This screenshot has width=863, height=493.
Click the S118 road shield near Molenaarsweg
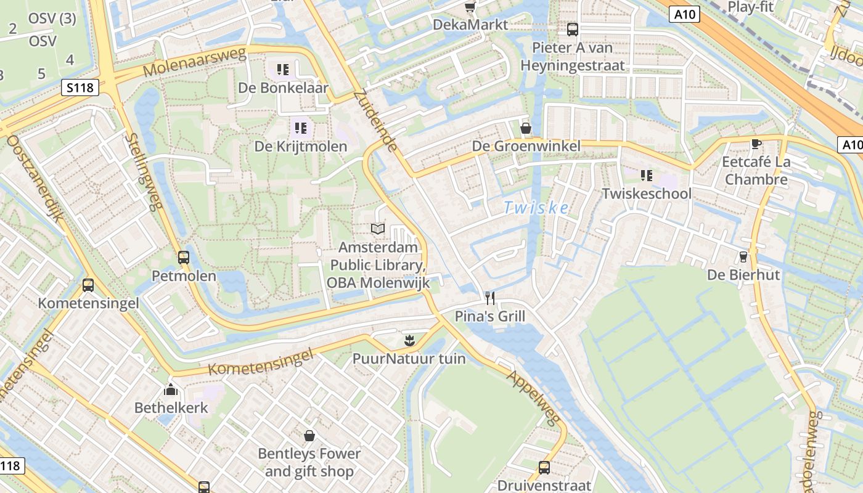pyautogui.click(x=80, y=88)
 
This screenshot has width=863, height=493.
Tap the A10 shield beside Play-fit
pyautogui.click(x=685, y=14)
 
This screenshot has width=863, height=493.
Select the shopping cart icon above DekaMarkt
pyautogui.click(x=470, y=7)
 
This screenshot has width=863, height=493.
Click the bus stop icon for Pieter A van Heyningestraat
pyautogui.click(x=573, y=29)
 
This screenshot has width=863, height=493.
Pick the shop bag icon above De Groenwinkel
pyautogui.click(x=526, y=128)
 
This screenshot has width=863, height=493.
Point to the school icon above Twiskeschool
pyautogui.click(x=646, y=176)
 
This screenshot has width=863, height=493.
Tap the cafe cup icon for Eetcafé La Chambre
pyautogui.click(x=756, y=144)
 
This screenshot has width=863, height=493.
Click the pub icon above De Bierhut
pyautogui.click(x=743, y=256)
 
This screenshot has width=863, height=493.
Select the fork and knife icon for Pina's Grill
pyautogui.click(x=490, y=298)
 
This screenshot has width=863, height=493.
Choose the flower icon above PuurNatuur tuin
pyautogui.click(x=409, y=340)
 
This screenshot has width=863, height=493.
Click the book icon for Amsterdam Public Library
pyautogui.click(x=378, y=229)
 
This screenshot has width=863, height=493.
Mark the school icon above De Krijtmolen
pyautogui.click(x=301, y=128)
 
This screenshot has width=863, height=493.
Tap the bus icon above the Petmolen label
pyautogui.click(x=184, y=258)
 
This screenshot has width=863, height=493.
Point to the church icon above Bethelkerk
pyautogui.click(x=171, y=389)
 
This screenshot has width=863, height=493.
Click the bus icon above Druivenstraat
pyautogui.click(x=544, y=467)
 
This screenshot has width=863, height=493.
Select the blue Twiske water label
pyautogui.click(x=536, y=208)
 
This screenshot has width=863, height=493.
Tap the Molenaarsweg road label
pyautogui.click(x=194, y=62)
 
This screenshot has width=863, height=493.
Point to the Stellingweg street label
pyautogui.click(x=143, y=172)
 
